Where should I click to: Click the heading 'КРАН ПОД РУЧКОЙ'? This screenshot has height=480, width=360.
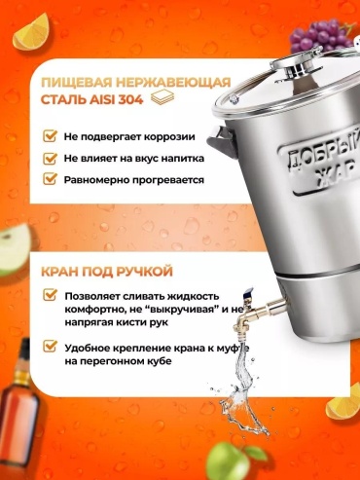pyautogui.click(x=107, y=271)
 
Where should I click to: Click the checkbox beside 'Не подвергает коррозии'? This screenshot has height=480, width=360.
pyautogui.click(x=50, y=136)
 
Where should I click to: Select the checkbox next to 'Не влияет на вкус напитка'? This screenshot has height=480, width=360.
pyautogui.click(x=50, y=158)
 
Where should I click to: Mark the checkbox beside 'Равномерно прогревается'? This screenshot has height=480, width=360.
pyautogui.click(x=50, y=179)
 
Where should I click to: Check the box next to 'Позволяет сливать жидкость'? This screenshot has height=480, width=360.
pyautogui.click(x=50, y=295)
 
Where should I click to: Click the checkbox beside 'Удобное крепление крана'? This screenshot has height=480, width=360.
pyautogui.click(x=50, y=347)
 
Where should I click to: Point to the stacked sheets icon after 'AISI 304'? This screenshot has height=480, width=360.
pyautogui.click(x=162, y=97)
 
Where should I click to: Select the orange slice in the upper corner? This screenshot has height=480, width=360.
pyautogui.click(x=30, y=32)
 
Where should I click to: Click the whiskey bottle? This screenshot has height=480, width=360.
pyautogui.click(x=18, y=406)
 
